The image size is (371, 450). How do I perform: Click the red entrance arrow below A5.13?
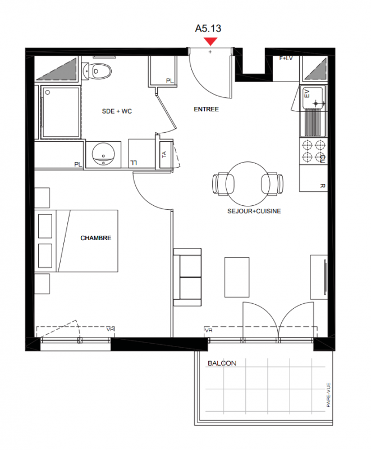tap(211, 42)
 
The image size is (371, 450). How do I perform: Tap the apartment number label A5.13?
tap(208, 29)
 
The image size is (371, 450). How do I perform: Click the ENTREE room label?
tap(206, 109)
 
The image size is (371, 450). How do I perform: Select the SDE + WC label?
tap(117, 111)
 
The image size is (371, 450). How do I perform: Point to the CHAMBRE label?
tap(96, 238)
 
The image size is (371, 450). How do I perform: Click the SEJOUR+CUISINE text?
tap(254, 211)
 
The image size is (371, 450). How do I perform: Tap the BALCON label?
tap(222, 363)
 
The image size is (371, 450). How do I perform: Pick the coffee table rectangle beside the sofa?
tap(237, 277)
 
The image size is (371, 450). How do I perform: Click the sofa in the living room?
tap(187, 277)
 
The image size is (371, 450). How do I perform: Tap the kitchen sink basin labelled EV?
tap(313, 97)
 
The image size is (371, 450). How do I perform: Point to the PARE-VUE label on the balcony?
tap(328, 395)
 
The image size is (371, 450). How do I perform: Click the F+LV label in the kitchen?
tap(286, 58)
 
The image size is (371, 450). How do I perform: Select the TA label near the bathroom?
tap(164, 154)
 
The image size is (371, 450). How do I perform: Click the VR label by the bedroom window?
tap(111, 329)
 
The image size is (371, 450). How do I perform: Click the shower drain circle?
tap(48, 92)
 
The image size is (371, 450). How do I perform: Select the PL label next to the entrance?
tap(170, 81)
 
